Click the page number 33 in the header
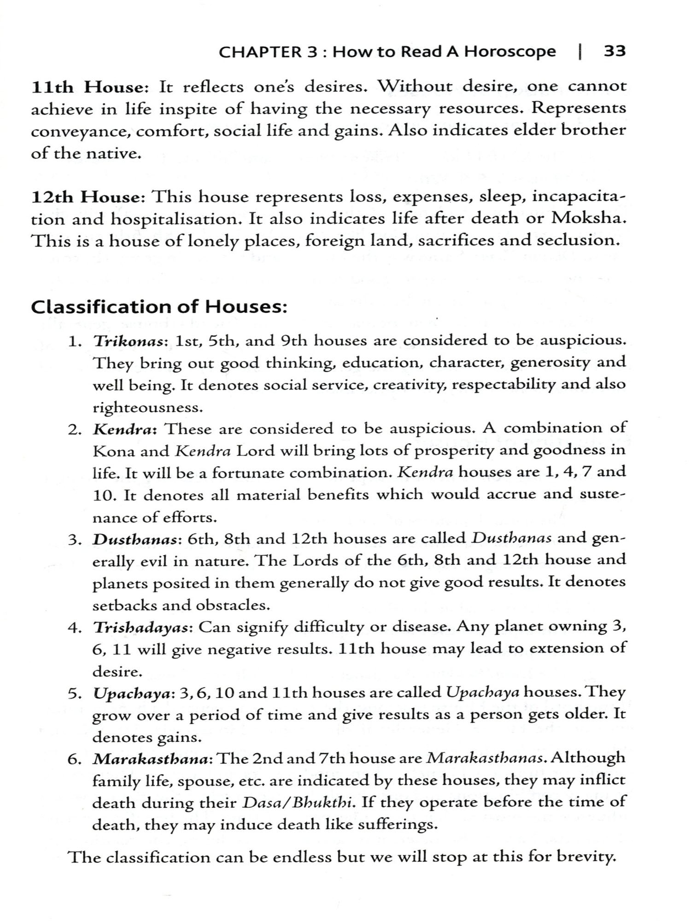615,51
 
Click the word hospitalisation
176,219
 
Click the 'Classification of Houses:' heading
159,307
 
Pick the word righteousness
147,408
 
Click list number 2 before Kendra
75,430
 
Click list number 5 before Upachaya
75,694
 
